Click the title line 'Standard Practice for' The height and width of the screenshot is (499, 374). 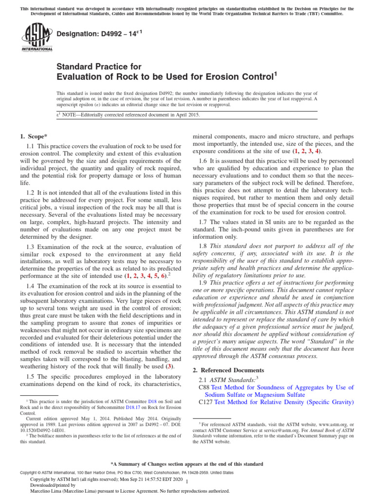(x=99, y=66)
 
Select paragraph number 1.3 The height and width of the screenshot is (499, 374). (x=31, y=247)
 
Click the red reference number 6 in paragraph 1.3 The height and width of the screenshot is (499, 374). (x=163, y=275)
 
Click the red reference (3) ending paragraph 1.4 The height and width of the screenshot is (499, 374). (x=168, y=365)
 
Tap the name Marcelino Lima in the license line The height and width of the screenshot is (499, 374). (x=48, y=491)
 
